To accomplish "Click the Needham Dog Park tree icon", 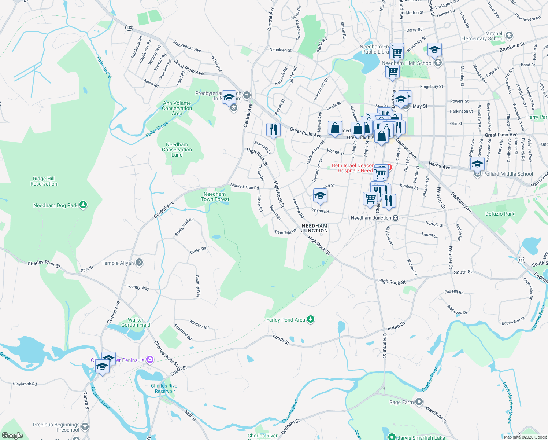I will pyautogui.click(x=83, y=205).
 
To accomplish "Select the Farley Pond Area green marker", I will pyautogui.click(x=311, y=319).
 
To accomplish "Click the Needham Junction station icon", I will pyautogui.click(x=395, y=218).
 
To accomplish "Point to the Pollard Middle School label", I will pyautogui.click(x=508, y=174).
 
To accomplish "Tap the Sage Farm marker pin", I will pyautogui.click(x=419, y=402).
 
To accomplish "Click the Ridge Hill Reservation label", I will pyautogui.click(x=44, y=181).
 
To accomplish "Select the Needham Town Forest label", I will pyautogui.click(x=215, y=197).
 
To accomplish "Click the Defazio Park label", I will pyautogui.click(x=500, y=214).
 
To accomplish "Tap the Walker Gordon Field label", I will pyautogui.click(x=136, y=322).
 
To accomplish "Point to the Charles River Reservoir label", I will pyautogui.click(x=165, y=388).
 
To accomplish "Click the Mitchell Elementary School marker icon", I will pyautogui.click(x=509, y=36).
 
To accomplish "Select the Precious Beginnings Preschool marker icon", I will pyautogui.click(x=85, y=426).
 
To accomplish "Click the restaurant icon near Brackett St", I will pyautogui.click(x=273, y=130).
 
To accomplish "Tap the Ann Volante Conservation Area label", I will pyautogui.click(x=177, y=108).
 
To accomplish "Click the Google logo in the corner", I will pyautogui.click(x=12, y=435).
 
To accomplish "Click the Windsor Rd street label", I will pyautogui.click(x=199, y=324).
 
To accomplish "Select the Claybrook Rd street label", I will pyautogui.click(x=25, y=384).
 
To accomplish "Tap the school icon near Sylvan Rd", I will pyautogui.click(x=320, y=196).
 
